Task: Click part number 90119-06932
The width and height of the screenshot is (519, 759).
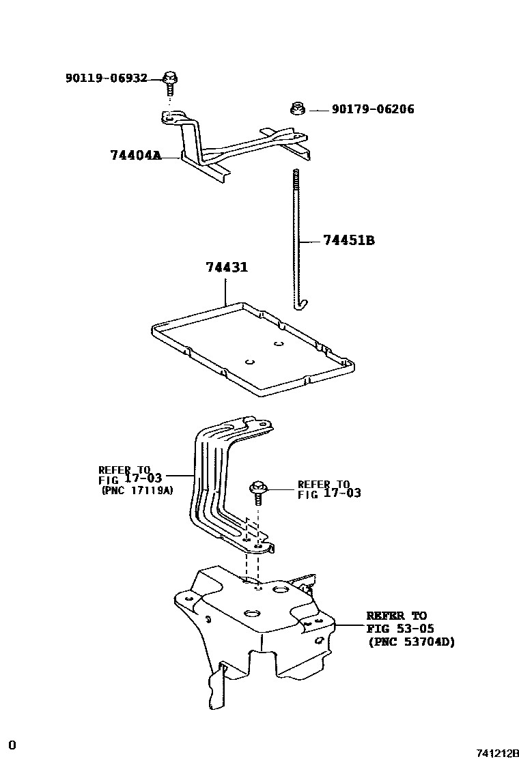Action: click(106, 78)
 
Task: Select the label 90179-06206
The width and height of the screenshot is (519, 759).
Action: click(373, 109)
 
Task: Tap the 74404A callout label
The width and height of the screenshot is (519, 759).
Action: click(135, 156)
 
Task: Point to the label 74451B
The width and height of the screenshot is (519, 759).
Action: click(348, 240)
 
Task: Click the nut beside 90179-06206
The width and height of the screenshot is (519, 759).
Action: click(297, 108)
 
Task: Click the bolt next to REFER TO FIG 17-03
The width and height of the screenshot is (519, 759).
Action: click(259, 492)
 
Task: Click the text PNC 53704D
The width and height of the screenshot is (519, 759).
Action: click(410, 642)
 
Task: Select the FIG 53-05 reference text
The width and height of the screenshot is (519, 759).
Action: click(400, 629)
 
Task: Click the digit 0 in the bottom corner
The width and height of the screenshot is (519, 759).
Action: click(12, 744)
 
